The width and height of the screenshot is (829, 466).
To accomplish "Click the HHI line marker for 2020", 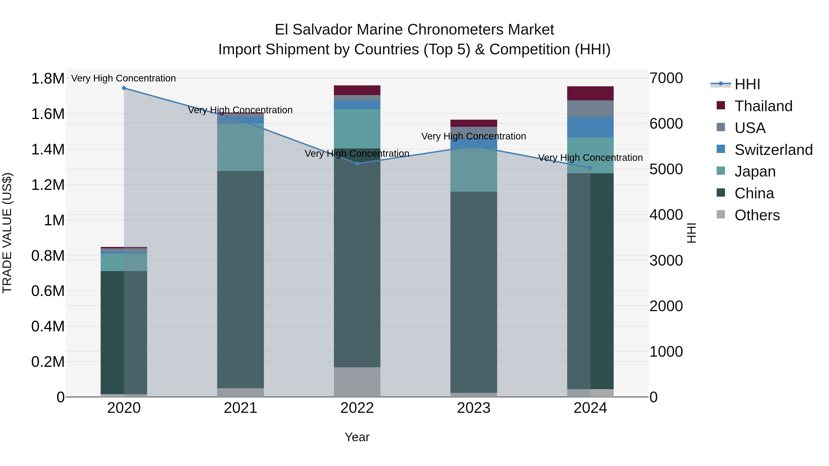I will [x=124, y=88].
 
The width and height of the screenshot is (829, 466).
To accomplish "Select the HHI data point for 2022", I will [x=357, y=164].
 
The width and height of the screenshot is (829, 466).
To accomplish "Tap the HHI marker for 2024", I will [x=590, y=168].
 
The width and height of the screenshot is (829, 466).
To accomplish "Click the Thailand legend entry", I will [x=763, y=106].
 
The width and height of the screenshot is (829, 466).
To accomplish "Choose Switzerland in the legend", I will [x=773, y=150].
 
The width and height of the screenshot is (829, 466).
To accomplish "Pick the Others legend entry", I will [x=757, y=215].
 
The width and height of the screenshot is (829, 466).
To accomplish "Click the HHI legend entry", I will [x=747, y=84].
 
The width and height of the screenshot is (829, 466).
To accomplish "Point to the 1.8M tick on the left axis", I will [x=48, y=79].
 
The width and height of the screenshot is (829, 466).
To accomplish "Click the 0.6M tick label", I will [x=48, y=291].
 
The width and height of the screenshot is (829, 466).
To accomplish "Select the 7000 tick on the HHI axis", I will [x=666, y=78].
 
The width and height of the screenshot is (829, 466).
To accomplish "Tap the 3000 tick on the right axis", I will [x=666, y=260].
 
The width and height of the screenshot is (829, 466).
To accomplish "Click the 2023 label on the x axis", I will [x=473, y=408].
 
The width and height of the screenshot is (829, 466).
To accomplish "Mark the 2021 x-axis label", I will [x=240, y=408].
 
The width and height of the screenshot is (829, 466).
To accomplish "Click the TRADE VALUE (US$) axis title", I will [x=7, y=233].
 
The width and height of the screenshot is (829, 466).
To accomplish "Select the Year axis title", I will [x=357, y=437].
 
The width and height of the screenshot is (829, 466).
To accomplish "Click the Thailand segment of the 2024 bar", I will [x=590, y=93].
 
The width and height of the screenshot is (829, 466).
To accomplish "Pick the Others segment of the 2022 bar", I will [x=357, y=382].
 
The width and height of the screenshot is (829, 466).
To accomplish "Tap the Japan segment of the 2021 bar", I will [x=240, y=147].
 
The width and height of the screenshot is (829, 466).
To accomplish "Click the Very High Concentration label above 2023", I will [x=473, y=136].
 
